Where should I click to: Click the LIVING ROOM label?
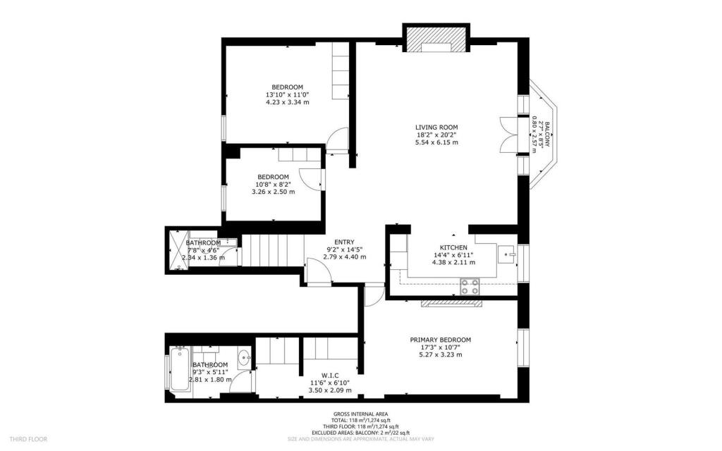436,127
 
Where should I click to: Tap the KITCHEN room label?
453,247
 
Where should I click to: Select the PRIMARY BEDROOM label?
440,340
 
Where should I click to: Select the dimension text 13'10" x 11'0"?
287,94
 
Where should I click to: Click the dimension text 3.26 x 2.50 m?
273,192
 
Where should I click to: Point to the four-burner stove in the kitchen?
470,286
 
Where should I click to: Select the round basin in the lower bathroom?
244,358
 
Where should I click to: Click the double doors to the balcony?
506,134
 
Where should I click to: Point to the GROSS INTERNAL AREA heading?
360,414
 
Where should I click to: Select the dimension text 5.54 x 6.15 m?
436,142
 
